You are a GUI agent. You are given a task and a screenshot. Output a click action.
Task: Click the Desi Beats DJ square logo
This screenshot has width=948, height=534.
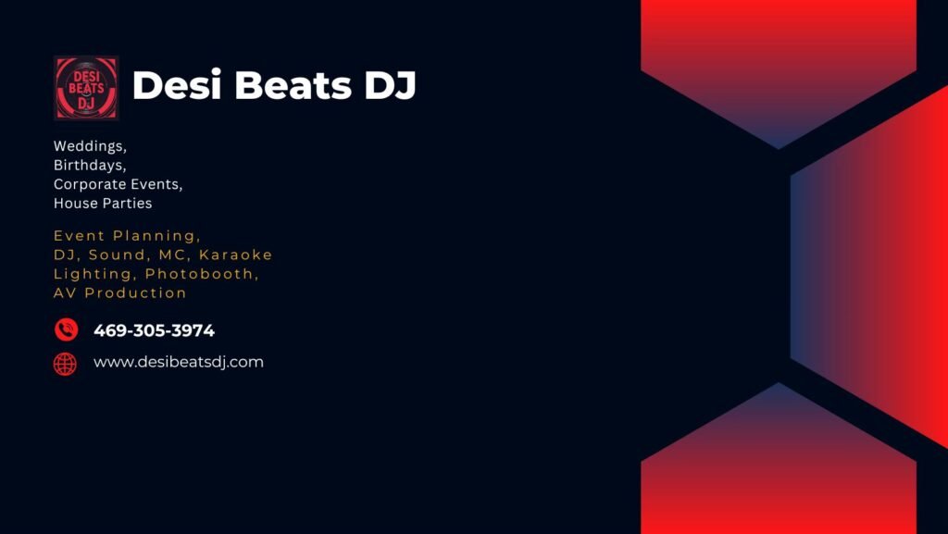(x=86, y=88)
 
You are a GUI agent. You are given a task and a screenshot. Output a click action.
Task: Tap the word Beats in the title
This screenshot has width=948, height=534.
(x=293, y=85)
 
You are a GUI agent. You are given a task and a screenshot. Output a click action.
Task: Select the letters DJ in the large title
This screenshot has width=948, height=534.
(x=390, y=85)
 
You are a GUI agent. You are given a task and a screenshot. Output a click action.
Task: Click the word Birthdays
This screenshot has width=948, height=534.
(x=90, y=166)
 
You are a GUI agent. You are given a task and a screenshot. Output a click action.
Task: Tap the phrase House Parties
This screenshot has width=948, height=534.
(x=103, y=203)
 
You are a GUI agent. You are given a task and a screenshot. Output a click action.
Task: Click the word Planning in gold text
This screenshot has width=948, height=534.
(x=156, y=236)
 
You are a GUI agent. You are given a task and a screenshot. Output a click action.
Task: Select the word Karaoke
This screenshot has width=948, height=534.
(x=236, y=255)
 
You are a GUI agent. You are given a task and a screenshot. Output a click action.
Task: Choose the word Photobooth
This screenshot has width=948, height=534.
(x=202, y=274)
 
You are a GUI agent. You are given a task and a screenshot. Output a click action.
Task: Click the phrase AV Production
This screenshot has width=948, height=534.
(x=119, y=293)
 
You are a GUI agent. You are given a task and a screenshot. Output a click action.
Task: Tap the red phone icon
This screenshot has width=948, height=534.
(x=67, y=329)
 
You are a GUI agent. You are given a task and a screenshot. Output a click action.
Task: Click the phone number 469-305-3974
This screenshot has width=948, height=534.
(x=155, y=330)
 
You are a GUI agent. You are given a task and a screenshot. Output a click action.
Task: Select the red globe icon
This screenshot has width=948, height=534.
(x=66, y=365)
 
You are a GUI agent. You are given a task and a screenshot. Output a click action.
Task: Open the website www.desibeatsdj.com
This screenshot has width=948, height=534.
(x=179, y=363)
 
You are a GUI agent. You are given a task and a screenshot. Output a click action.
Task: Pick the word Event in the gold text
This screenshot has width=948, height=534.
(x=80, y=236)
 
